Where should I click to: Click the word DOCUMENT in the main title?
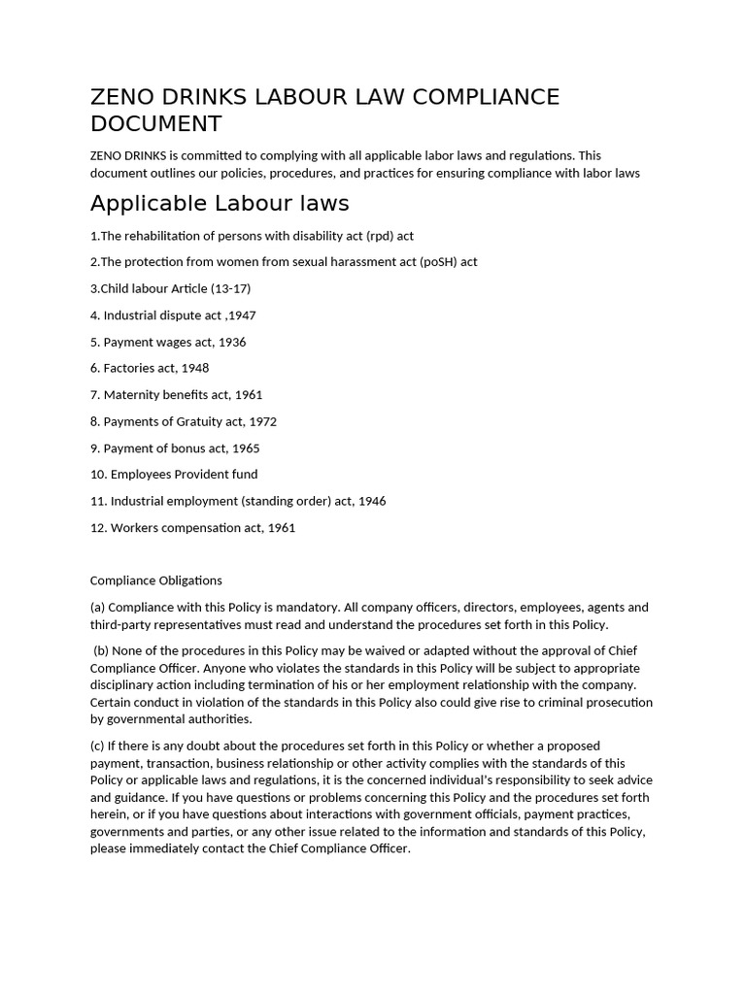click(x=155, y=124)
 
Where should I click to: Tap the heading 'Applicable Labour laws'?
click(x=219, y=203)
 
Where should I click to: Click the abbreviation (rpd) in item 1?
click(x=380, y=236)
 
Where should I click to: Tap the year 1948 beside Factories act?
click(x=193, y=368)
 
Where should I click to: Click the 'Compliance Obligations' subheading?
click(x=156, y=580)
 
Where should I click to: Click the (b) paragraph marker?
click(x=101, y=650)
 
